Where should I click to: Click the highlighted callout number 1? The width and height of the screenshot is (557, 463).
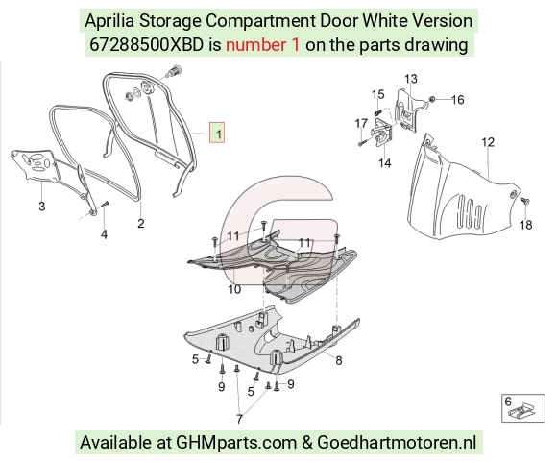tap(217, 133)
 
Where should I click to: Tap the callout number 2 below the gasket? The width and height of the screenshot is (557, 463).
tap(140, 224)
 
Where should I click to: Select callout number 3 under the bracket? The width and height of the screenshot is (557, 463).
tap(42, 206)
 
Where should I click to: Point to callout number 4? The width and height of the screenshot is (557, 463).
tap(104, 234)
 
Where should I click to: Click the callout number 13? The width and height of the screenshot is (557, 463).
tap(411, 79)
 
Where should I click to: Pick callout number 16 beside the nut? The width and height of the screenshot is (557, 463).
tap(457, 100)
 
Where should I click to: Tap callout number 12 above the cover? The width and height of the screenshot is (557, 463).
tap(488, 142)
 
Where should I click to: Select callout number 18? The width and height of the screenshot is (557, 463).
tap(525, 225)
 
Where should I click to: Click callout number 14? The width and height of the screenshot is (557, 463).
tap(385, 162)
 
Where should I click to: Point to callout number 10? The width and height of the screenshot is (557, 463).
tap(234, 289)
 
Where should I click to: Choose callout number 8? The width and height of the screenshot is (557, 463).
tap(339, 360)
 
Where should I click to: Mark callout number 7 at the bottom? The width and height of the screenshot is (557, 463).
tap(239, 419)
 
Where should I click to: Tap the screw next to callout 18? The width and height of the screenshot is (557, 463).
tap(524, 201)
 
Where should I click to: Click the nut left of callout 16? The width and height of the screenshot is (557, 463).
tap(432, 99)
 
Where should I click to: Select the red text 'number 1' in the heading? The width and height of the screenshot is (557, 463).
tap(262, 45)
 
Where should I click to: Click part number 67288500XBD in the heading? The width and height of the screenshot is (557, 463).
tap(146, 45)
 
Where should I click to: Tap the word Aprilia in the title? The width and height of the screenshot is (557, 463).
tap(109, 21)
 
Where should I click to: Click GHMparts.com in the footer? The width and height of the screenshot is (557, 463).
tap(236, 443)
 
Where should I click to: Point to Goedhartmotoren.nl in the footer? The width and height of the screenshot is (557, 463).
tap(397, 443)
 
